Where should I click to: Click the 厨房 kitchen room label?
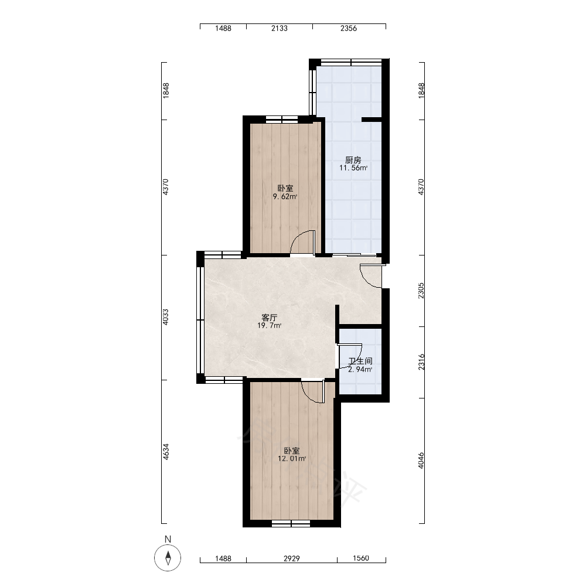click(353, 160)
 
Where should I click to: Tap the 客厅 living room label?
click(269, 318)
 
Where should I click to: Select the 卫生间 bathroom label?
click(360, 361)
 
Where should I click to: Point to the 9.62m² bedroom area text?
click(285, 196)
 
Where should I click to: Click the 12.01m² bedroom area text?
click(291, 459)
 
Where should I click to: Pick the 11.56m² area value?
click(353, 168)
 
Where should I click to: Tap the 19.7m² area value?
click(269, 325)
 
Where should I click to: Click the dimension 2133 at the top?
click(279, 28)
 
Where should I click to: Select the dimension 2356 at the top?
click(348, 28)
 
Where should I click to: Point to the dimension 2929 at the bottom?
click(291, 558)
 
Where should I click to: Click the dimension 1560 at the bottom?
click(360, 558)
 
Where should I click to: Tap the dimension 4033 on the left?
click(166, 316)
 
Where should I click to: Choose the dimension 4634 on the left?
click(166, 451)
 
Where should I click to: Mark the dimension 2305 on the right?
click(421, 291)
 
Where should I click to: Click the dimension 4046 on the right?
click(421, 461)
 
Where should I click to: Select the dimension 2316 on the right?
click(421, 362)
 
